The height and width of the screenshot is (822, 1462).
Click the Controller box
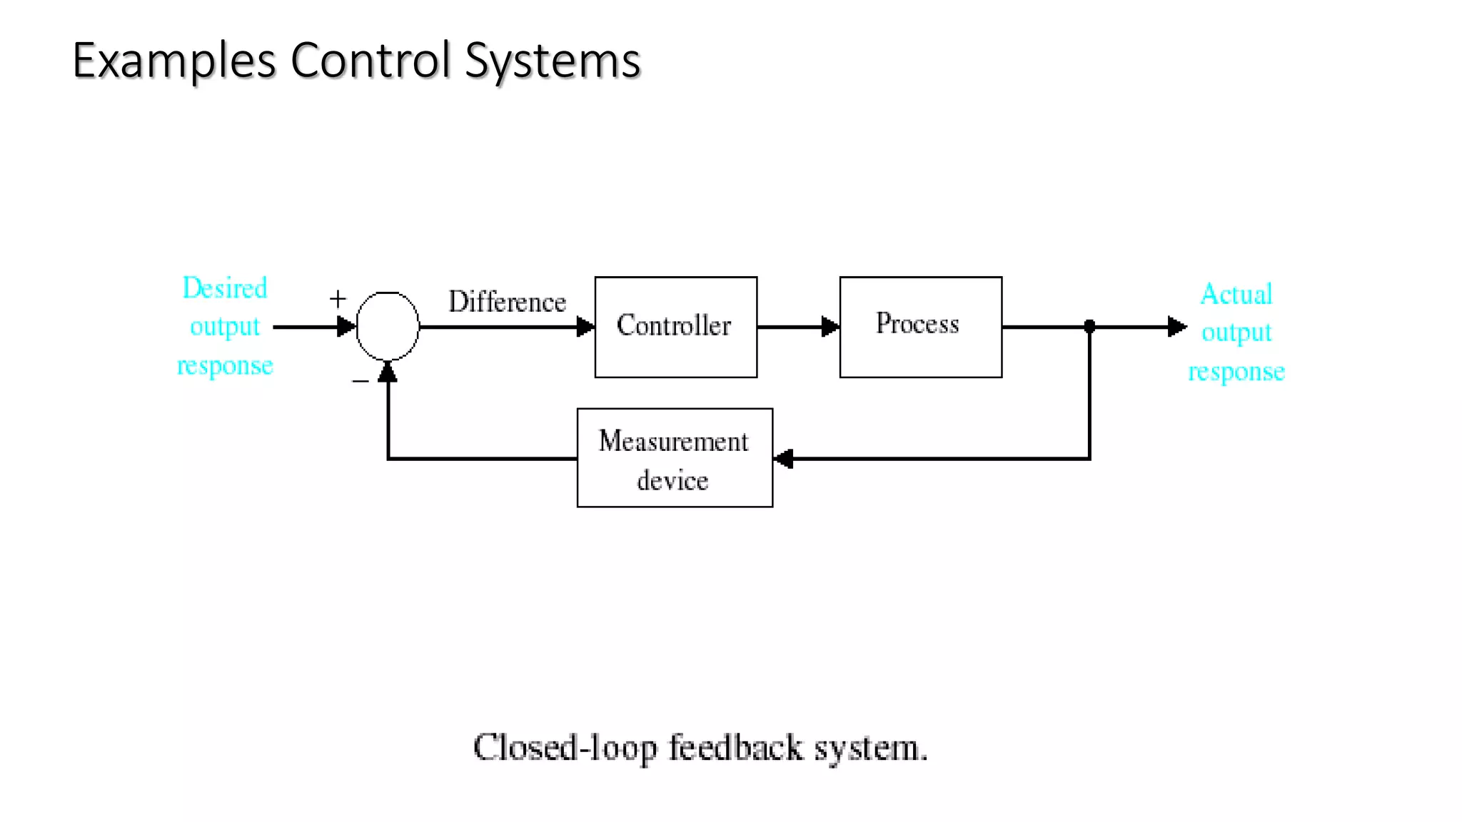(675, 327)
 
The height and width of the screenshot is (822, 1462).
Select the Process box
(920, 327)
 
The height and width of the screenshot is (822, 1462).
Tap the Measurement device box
(674, 457)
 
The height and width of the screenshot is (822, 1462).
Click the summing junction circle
(388, 326)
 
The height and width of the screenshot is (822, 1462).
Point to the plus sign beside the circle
(338, 298)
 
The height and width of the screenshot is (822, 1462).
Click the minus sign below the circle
(361, 382)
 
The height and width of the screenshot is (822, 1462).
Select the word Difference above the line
(507, 302)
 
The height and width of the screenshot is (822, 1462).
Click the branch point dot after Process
(1089, 327)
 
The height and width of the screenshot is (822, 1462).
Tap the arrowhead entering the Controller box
(585, 327)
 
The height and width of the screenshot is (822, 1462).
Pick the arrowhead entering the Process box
(830, 327)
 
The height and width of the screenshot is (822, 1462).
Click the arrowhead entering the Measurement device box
(784, 458)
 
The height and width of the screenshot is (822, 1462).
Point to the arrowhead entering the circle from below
(388, 372)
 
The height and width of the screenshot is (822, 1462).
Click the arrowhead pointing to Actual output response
(1176, 327)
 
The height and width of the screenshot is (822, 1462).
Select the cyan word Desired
(225, 288)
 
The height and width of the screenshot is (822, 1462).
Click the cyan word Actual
(1236, 294)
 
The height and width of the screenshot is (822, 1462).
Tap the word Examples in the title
(174, 61)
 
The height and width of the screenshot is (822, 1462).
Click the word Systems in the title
(553, 61)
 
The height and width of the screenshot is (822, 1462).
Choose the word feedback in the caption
(735, 748)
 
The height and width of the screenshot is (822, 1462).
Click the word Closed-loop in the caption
(565, 748)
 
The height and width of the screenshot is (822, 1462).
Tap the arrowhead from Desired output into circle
(346, 327)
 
